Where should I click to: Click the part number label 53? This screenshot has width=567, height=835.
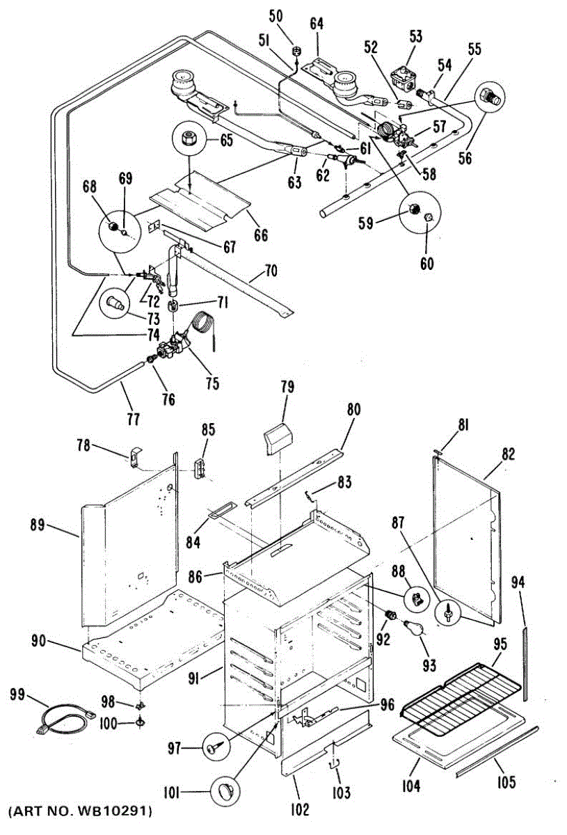click(x=415, y=36)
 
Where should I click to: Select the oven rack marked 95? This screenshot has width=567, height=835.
click(x=459, y=696)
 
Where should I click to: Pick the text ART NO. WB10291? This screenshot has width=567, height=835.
click(x=80, y=811)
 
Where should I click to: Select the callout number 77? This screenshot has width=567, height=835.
click(x=133, y=419)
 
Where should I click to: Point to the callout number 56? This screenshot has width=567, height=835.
click(x=465, y=158)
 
